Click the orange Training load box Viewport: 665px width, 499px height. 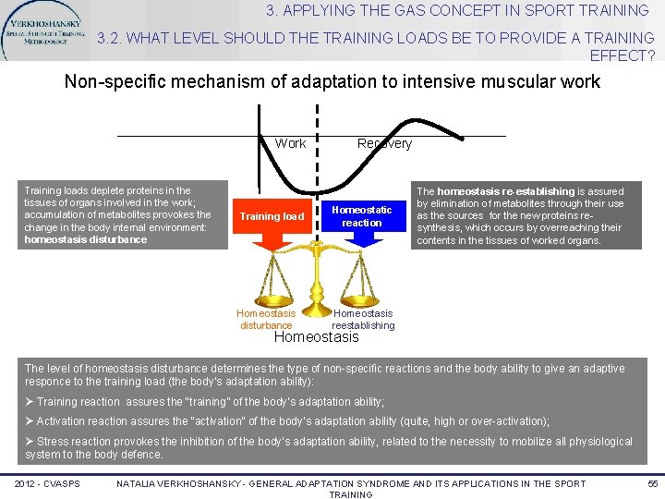coord(272,216)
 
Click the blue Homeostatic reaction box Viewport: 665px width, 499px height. coord(361,216)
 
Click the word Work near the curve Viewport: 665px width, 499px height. coord(290,143)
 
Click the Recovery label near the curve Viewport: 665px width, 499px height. coord(384,143)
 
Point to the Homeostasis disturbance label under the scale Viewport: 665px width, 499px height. coord(266,320)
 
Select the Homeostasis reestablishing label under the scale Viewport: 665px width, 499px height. coord(363,320)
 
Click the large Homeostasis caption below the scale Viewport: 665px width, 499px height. coord(317,337)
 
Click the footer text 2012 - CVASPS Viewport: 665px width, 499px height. coord(48,483)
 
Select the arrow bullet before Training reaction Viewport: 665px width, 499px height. coord(30,402)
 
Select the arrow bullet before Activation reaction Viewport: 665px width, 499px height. coord(30,421)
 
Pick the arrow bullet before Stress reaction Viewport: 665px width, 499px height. coord(30,442)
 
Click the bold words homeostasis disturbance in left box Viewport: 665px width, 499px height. coord(85,240)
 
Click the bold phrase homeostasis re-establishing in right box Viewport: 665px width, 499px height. coord(505,191)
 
